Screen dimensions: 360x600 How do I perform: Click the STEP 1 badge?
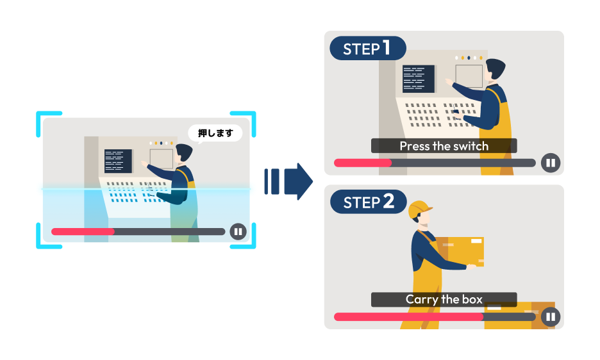pyautogui.click(x=368, y=49)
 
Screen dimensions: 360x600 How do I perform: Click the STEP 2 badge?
pyautogui.click(x=368, y=202)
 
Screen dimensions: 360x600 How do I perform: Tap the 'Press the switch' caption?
pyautogui.click(x=444, y=146)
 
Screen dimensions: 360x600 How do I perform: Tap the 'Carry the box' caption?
pyautogui.click(x=444, y=299)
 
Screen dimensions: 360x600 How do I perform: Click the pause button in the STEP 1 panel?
pyautogui.click(x=550, y=163)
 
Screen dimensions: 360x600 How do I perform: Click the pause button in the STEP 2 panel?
pyautogui.click(x=550, y=316)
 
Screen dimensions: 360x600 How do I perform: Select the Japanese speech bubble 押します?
pyautogui.click(x=215, y=133)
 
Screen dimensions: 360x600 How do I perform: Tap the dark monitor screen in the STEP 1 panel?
pyautogui.click(x=418, y=78)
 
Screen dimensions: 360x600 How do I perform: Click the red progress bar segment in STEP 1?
pyautogui.click(x=363, y=163)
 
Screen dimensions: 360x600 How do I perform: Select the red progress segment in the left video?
pyautogui.click(x=83, y=231)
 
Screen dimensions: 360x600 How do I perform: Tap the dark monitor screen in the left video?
pyautogui.click(x=118, y=161)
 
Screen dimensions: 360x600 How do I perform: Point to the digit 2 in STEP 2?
pyautogui.click(x=388, y=202)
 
